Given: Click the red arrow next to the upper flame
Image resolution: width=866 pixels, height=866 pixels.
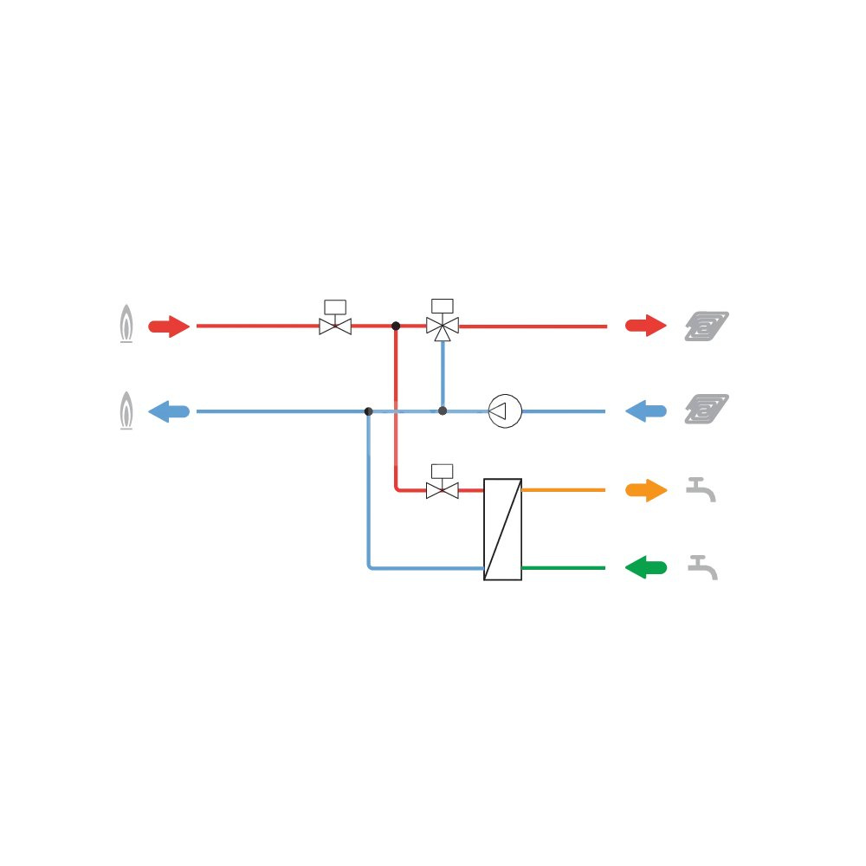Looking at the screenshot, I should [169, 326].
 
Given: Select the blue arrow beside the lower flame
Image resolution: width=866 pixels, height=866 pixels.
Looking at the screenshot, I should [169, 411].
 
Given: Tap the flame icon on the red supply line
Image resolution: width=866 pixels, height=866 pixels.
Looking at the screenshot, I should [126, 325].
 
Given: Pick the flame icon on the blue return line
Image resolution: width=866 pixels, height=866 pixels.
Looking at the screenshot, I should [126, 410].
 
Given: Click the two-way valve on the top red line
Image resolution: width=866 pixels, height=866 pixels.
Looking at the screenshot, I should [335, 326].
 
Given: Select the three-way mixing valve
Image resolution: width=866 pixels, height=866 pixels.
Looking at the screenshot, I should [443, 326].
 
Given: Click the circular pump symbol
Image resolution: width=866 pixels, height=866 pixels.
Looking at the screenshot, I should [505, 410].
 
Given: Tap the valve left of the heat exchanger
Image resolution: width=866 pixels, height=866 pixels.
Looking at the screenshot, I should [443, 490].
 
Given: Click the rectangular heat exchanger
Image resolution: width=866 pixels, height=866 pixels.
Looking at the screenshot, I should [502, 528].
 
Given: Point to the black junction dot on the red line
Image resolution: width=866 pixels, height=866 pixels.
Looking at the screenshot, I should [396, 326].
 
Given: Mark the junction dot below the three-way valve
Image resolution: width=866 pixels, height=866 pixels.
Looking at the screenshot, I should [443, 410].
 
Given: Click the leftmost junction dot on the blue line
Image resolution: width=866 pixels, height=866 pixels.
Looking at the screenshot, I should [369, 411].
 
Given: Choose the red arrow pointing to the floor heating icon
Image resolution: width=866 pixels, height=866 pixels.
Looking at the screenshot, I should [646, 326].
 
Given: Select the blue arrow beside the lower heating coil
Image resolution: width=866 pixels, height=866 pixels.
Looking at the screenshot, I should [646, 411].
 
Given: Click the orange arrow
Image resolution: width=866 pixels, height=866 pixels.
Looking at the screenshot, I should [646, 491].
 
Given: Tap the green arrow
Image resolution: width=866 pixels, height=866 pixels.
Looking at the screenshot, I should [646, 569].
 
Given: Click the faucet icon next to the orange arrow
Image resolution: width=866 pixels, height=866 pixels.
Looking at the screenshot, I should [701, 490].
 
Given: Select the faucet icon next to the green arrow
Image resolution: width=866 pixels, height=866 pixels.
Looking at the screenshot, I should [702, 568].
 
